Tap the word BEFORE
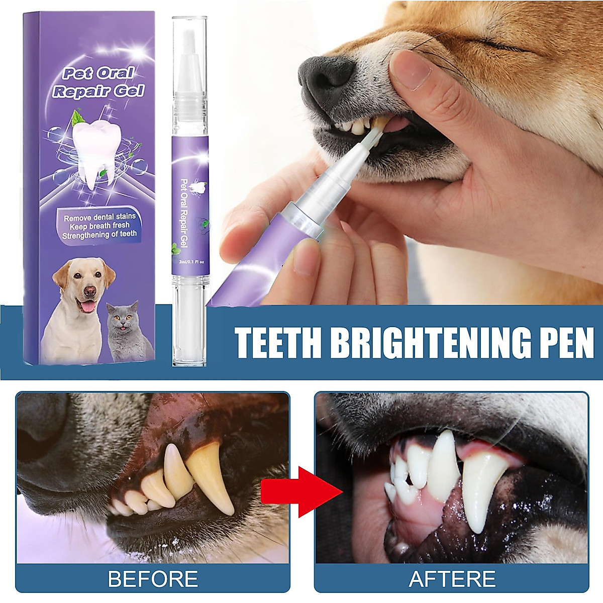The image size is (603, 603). [x=153, y=579]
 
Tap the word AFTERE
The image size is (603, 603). [x=452, y=579]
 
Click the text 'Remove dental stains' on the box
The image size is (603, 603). [x=99, y=217]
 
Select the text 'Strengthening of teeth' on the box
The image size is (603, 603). [x=99, y=234]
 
